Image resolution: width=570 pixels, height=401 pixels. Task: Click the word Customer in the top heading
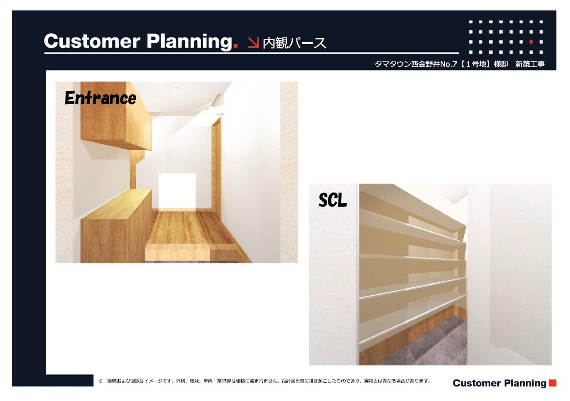coord(91,41)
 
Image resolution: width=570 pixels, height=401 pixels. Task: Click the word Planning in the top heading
coord(189,42)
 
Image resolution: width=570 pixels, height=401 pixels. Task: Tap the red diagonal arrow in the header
coord(253,42)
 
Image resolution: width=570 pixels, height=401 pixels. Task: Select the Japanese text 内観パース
coord(294,43)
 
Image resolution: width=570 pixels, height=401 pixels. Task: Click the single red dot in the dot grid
coord(531,42)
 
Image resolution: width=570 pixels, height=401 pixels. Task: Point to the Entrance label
coord(100,98)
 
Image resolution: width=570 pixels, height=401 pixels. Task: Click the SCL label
coord(332,200)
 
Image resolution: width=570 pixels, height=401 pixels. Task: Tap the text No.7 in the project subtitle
coord(448,64)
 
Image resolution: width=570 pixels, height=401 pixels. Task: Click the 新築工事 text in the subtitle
coord(530,64)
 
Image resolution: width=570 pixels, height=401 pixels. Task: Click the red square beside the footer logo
coord(552,383)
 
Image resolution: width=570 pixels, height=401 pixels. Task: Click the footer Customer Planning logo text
coord(500,383)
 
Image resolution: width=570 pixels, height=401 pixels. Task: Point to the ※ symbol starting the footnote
coord(101,381)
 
